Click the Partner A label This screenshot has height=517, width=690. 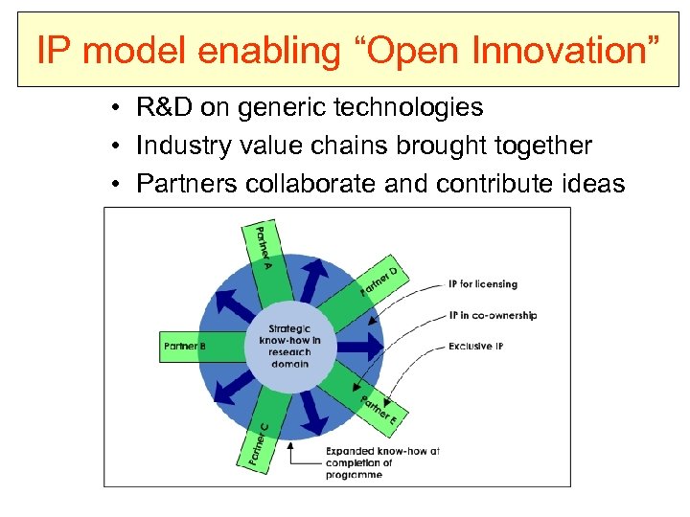coord(259,246)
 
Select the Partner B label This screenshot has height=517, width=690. coord(185,346)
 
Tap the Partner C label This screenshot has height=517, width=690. coord(257,444)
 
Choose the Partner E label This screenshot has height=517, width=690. coord(379,410)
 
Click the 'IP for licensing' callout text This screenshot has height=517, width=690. coord(482,284)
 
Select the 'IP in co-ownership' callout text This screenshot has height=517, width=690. coord(493,315)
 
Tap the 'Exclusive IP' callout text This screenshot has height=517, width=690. coord(475,346)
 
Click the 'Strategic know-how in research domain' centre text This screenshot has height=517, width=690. coord(288,346)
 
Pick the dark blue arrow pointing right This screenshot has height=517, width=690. coord(359,346)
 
